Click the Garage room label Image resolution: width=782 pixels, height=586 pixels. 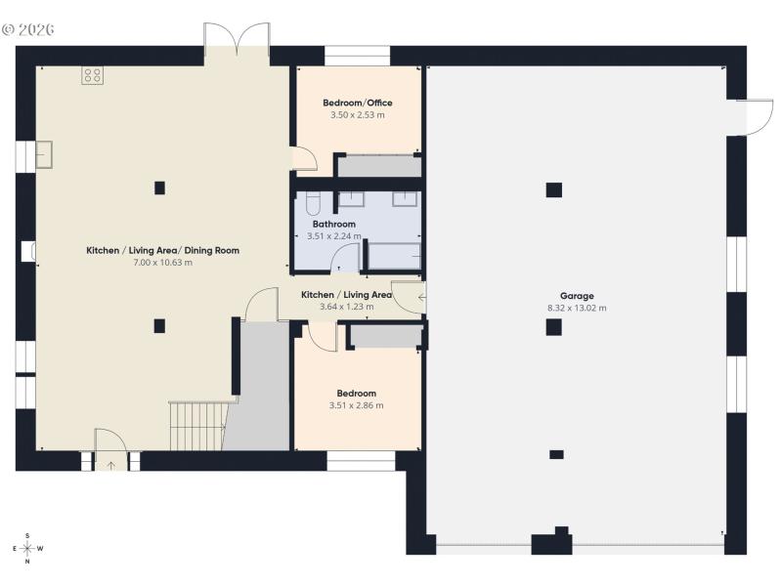tap(577, 296)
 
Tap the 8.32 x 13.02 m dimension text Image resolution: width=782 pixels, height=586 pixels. tap(577, 309)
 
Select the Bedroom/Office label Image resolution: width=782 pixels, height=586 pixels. tap(358, 103)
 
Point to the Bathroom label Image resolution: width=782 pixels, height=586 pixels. tap(333, 224)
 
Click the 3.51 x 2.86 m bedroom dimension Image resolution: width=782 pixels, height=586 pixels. tap(356, 405)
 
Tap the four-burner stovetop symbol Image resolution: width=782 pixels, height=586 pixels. tap(93, 75)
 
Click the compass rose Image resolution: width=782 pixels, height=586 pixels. tap(27, 548)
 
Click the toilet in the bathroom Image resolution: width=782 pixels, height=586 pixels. tap(312, 203)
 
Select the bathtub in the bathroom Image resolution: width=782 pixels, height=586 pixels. tap(392, 256)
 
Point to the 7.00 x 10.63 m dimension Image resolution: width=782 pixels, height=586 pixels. tap(162, 263)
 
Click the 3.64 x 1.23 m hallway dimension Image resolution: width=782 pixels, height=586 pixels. tap(346, 307)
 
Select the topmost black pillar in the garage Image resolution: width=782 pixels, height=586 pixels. tap(554, 190)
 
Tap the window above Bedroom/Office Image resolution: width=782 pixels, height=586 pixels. tap(357, 57)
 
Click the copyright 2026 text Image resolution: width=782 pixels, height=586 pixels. tap(28, 29)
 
